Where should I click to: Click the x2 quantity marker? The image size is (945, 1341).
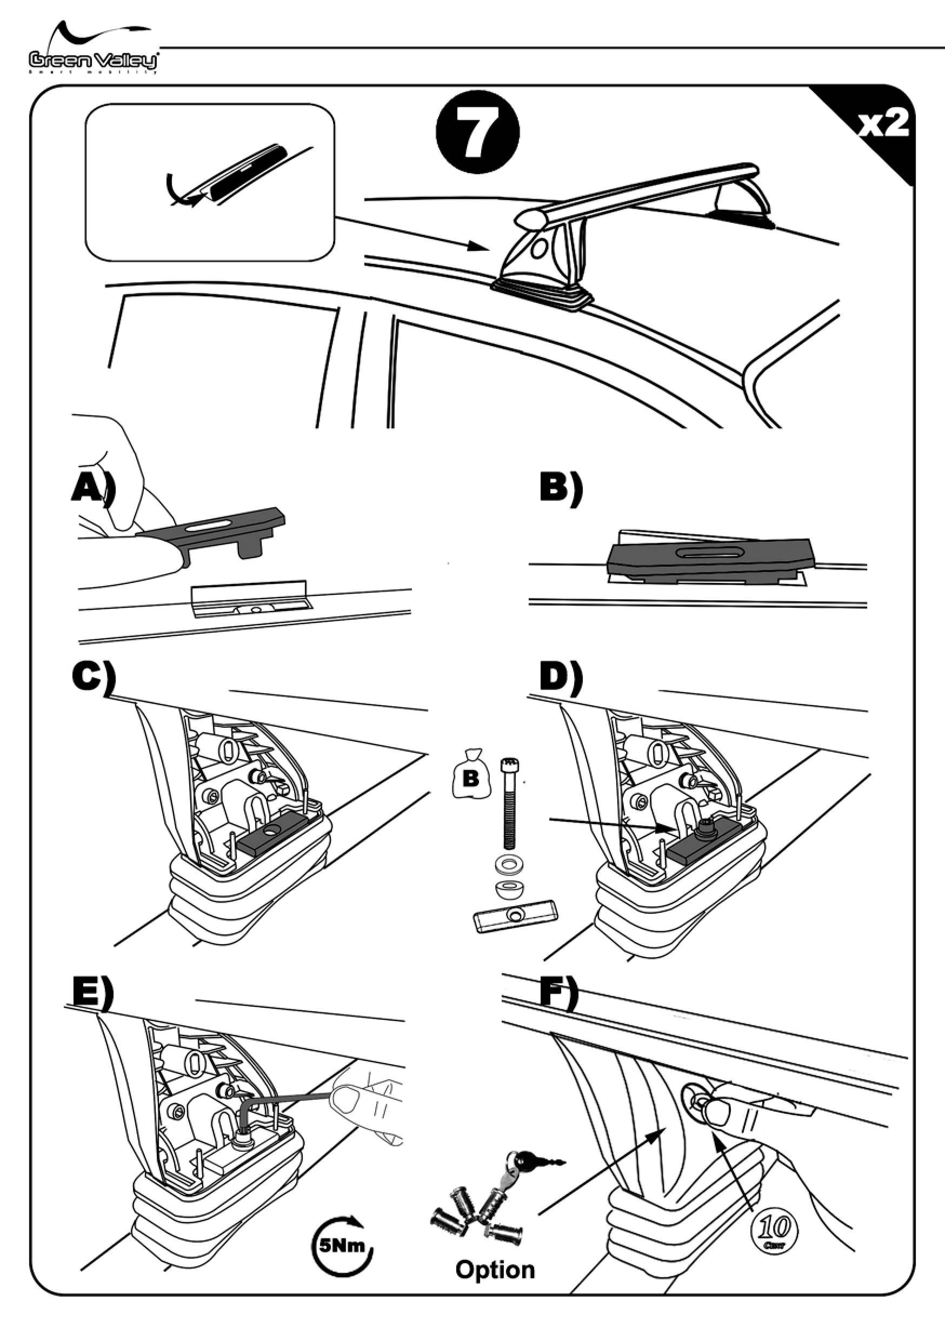click(x=882, y=124)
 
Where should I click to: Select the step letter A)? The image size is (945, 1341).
click(x=92, y=488)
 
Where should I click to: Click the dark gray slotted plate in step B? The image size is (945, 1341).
click(x=709, y=554)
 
